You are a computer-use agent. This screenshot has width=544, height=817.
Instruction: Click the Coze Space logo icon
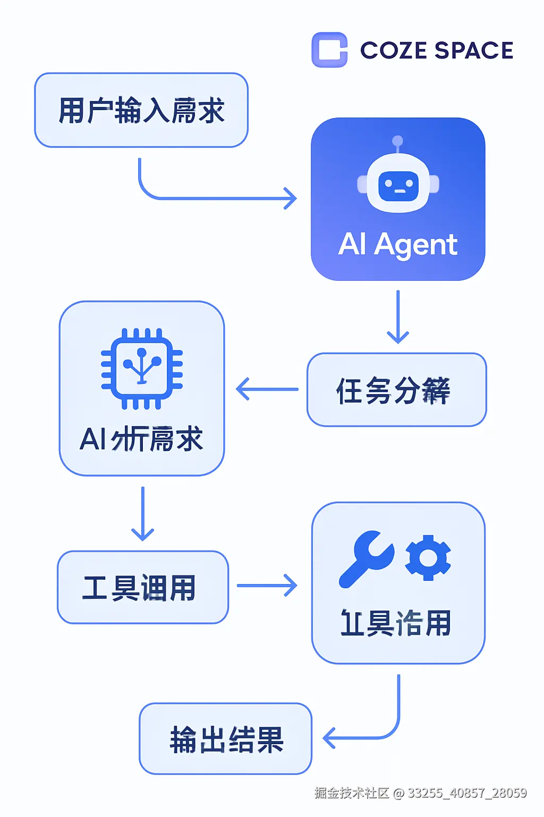click(x=329, y=50)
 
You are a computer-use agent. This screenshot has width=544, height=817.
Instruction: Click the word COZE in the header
click(x=394, y=51)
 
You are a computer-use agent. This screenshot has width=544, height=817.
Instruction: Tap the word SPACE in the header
click(x=473, y=51)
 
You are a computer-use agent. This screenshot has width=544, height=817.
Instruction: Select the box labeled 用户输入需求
click(x=141, y=110)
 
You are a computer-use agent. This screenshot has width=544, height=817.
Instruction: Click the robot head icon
click(x=398, y=184)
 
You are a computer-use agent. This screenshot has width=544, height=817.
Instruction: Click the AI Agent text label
click(x=397, y=245)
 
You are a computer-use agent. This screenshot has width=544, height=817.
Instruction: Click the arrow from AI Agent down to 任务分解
click(x=398, y=317)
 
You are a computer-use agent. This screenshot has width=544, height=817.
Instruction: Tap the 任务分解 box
click(x=396, y=390)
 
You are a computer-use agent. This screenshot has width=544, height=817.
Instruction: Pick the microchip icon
click(x=142, y=368)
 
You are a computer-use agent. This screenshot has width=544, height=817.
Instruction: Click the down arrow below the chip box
click(x=142, y=514)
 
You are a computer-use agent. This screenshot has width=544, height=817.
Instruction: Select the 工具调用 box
click(x=142, y=587)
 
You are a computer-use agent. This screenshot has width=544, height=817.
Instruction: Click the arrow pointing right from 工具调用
click(x=267, y=586)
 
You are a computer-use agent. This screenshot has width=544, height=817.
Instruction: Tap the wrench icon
click(x=367, y=558)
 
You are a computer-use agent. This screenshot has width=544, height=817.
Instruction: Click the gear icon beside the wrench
click(x=428, y=557)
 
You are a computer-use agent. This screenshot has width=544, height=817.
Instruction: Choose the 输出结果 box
click(x=225, y=739)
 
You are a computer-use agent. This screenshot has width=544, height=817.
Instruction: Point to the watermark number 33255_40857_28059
click(x=467, y=793)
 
